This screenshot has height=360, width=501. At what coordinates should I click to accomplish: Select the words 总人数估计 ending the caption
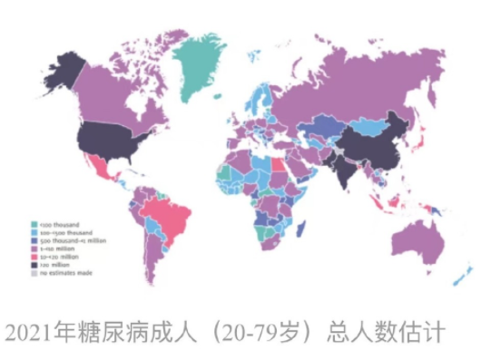pos(391,330)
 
